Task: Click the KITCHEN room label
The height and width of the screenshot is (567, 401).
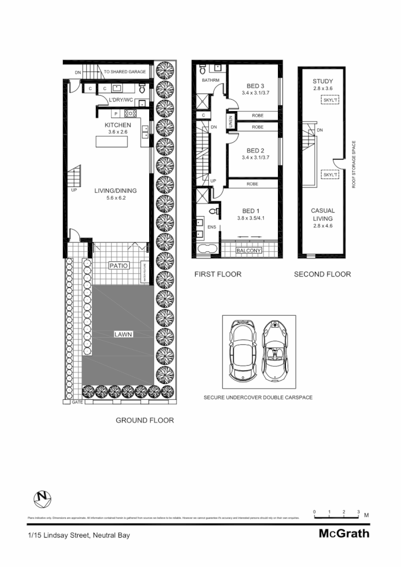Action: (x=118, y=125)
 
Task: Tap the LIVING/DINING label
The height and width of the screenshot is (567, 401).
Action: (x=116, y=191)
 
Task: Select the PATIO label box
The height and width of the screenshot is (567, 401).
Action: (x=119, y=265)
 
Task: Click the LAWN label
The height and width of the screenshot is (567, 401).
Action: (x=123, y=335)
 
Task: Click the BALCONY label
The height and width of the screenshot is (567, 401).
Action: (x=248, y=251)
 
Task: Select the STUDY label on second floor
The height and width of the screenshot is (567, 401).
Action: (x=323, y=82)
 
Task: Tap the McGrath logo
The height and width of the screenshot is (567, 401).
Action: (x=344, y=534)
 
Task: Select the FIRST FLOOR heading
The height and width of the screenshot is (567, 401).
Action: (x=218, y=274)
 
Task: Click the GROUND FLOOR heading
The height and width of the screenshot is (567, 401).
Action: (x=145, y=420)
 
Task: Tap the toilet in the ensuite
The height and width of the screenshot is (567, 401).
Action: (x=214, y=211)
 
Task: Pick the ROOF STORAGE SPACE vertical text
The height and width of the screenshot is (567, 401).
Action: (x=354, y=164)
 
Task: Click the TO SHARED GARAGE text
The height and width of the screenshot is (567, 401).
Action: (x=124, y=72)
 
